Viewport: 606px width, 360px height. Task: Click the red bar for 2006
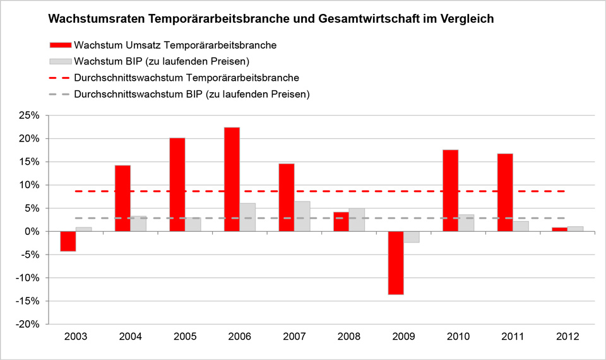tap(232, 179)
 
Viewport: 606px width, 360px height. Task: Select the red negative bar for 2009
tap(396, 263)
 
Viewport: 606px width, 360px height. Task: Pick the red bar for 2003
tap(68, 241)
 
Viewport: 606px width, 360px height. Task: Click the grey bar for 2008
tap(357, 220)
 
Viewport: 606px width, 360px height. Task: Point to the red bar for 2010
tap(450, 191)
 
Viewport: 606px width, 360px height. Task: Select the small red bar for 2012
tap(559, 229)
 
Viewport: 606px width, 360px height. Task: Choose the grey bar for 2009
tap(412, 237)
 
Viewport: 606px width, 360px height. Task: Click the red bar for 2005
tap(177, 184)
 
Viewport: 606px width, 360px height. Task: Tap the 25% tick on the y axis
tap(30, 116)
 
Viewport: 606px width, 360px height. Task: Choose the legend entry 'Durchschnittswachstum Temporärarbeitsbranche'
tap(186, 78)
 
